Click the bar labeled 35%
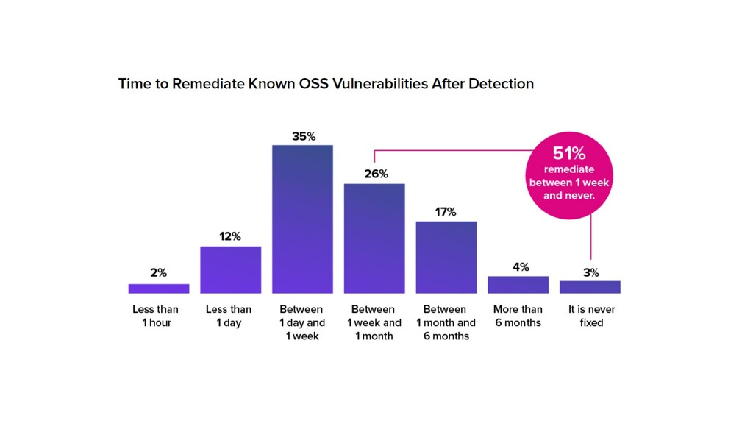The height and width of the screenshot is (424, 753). tap(302, 219)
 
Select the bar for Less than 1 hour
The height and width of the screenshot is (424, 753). tap(158, 289)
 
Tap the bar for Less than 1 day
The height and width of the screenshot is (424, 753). tap(230, 269)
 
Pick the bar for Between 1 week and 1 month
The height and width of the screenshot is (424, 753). tap(374, 239)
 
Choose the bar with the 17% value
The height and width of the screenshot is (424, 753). tap(446, 257)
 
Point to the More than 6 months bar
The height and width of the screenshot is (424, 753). tap(518, 285)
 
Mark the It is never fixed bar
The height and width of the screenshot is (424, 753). tap(590, 287)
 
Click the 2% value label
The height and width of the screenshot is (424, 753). tap(158, 272)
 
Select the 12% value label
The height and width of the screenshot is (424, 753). tap(230, 236)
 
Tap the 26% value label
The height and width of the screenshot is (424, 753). tap(374, 174)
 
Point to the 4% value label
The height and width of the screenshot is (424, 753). tap(520, 266)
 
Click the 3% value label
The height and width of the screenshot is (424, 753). tap(590, 272)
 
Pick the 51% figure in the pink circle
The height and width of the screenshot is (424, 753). tap(568, 154)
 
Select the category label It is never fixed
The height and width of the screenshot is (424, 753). tap(591, 316)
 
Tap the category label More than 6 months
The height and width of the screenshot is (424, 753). tap(518, 316)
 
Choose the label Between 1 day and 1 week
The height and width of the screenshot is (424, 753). tap(302, 322)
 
